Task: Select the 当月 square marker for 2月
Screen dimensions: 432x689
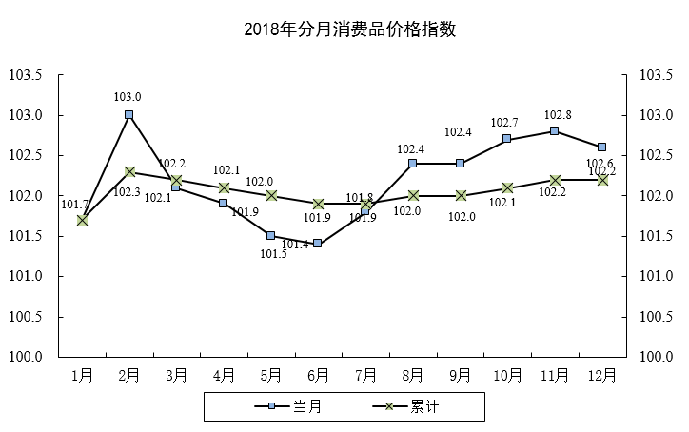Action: coord(128,115)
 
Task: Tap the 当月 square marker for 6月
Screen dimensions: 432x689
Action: coord(318,244)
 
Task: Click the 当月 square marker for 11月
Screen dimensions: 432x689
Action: coord(555,131)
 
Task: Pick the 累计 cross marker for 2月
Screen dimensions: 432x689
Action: coord(128,171)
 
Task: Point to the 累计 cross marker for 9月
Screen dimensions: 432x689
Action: coord(460,196)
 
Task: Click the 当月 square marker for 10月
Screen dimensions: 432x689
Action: coord(507,139)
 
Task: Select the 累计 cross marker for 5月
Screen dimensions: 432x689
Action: coord(270,196)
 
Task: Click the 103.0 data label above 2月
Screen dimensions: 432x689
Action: coord(128,96)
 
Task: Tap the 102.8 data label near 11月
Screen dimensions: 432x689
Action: coord(557,113)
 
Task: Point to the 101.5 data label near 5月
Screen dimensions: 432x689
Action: coord(274,253)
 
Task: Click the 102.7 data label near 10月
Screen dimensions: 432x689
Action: coord(504,123)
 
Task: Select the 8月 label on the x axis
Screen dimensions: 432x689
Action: coord(413,375)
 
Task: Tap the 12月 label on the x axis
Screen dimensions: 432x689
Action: coord(602,375)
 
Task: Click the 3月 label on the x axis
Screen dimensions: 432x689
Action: coord(176,375)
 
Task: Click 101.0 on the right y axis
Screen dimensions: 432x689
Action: coord(658,277)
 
